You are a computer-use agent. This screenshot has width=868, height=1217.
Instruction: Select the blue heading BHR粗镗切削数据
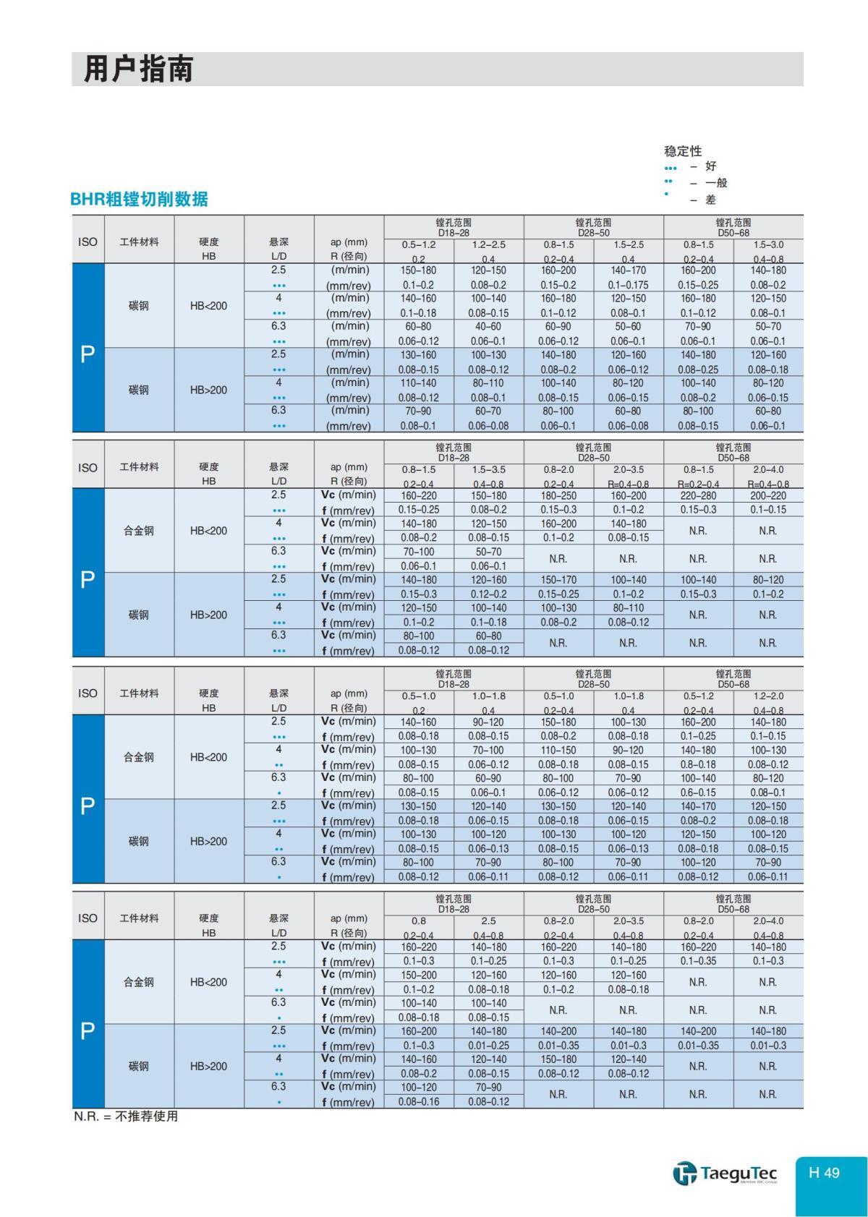click(139, 199)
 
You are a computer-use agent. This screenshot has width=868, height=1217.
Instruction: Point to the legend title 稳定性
click(683, 151)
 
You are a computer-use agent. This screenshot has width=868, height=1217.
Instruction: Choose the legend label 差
click(710, 200)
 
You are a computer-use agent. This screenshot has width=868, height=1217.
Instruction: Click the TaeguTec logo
click(725, 1173)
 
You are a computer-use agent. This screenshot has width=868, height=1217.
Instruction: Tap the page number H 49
click(824, 1173)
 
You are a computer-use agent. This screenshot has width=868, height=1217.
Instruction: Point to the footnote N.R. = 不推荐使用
click(126, 1116)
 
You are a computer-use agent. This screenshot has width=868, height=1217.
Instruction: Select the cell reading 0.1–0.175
click(628, 285)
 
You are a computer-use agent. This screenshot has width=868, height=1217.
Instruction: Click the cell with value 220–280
click(698, 495)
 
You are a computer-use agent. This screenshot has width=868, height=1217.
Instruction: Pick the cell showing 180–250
click(558, 495)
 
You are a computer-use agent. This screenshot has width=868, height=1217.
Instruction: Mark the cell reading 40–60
click(488, 327)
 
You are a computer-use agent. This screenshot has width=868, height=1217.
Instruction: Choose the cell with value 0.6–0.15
click(698, 793)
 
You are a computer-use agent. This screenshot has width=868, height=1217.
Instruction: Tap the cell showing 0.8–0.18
click(698, 764)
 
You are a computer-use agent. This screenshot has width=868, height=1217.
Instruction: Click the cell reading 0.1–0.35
click(698, 961)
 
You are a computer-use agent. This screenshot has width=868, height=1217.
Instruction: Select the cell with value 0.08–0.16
click(419, 1101)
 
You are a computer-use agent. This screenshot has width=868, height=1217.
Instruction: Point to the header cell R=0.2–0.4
click(698, 484)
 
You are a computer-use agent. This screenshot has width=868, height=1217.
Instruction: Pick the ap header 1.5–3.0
click(768, 244)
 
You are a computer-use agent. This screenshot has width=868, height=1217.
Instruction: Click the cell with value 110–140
click(419, 383)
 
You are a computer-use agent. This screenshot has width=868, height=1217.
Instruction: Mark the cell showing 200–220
click(768, 495)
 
